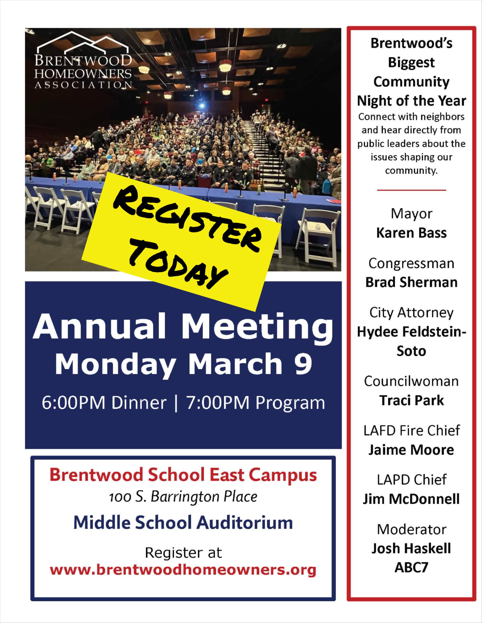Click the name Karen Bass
tap(411, 233)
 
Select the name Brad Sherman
tap(411, 282)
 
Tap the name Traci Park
tap(411, 400)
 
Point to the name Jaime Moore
tap(411, 450)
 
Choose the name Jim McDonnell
tap(411, 499)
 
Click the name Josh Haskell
tap(411, 548)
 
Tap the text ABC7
tap(411, 567)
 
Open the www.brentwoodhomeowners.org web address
tap(183, 570)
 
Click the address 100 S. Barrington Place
tap(183, 497)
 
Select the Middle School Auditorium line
tap(183, 523)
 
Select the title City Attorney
tap(411, 313)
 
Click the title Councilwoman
tap(411, 381)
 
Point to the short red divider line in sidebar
tap(411, 190)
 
